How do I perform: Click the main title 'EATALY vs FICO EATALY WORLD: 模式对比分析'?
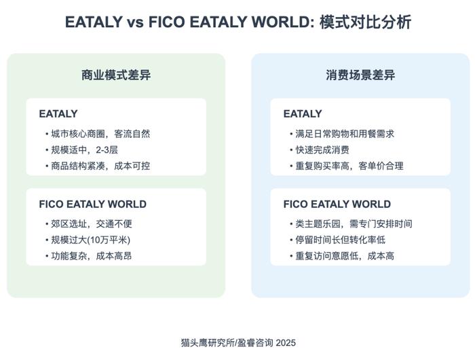pyautogui.click(x=238, y=22)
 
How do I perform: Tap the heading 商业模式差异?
pyautogui.click(x=116, y=75)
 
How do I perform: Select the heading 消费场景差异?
pyautogui.click(x=360, y=75)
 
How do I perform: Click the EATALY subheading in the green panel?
pyautogui.click(x=58, y=113)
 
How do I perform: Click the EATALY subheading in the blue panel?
pyautogui.click(x=303, y=113)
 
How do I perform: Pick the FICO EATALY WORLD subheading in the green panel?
pyautogui.click(x=93, y=204)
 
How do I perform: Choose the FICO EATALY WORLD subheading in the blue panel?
pyautogui.click(x=337, y=204)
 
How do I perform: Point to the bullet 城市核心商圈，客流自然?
pyautogui.click(x=98, y=134)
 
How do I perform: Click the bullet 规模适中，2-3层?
pyautogui.click(x=81, y=150)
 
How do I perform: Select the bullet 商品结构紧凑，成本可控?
pyautogui.click(x=98, y=166)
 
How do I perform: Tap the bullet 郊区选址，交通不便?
pyautogui.click(x=89, y=224)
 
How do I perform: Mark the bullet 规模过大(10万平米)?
pyautogui.click(x=88, y=240)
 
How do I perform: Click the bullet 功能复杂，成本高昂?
pyautogui.click(x=89, y=256)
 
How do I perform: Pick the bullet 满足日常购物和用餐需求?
pyautogui.click(x=342, y=134)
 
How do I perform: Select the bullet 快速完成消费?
pyautogui.click(x=320, y=150)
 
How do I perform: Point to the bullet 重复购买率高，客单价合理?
pyautogui.click(x=347, y=166)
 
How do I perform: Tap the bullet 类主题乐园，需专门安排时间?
pyautogui.click(x=351, y=224)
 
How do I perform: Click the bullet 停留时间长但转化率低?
pyautogui.click(x=338, y=240)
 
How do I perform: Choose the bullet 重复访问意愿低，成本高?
pyautogui.click(x=342, y=256)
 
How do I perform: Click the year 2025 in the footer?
pyautogui.click(x=286, y=343)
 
